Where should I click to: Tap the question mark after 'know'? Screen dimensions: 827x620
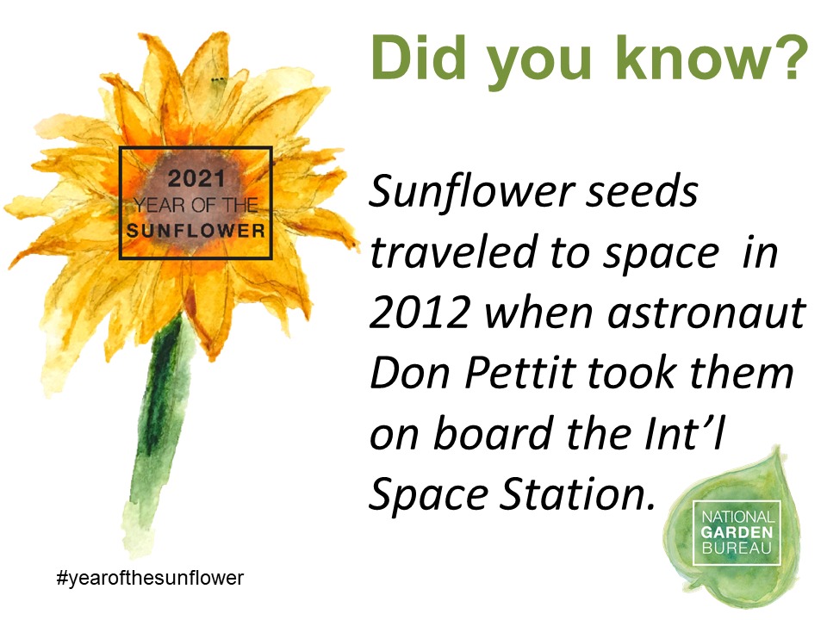coord(790,58)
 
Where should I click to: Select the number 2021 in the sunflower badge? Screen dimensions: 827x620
coord(196,179)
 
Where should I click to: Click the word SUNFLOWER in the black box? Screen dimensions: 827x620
coord(196,231)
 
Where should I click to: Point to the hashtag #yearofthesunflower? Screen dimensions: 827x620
coord(150,579)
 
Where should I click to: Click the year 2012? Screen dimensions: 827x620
coord(420,313)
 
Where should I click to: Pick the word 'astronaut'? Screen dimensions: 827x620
coord(706,313)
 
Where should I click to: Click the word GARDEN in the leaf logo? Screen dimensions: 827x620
coord(737,532)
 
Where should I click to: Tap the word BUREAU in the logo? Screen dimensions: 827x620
coord(737,548)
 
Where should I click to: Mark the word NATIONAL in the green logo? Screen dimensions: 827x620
coord(738,517)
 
